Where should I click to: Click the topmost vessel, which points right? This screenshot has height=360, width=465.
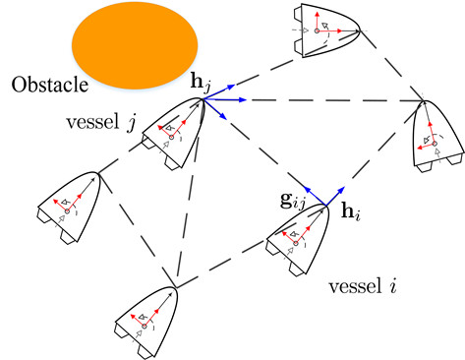[323, 29]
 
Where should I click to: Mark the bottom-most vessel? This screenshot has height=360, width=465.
[148, 315]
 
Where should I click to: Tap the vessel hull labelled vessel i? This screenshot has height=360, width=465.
[301, 237]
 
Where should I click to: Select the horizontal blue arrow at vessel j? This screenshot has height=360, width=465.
[227, 99]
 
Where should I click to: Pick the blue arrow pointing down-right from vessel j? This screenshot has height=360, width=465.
[222, 110]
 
